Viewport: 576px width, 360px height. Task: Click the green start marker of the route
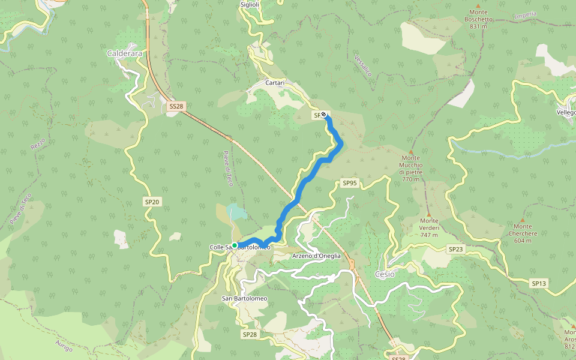pos(235,245)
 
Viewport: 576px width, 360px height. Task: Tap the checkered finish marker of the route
pos(324,114)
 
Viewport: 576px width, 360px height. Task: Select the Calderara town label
pos(124,53)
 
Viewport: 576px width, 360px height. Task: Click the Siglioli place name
pos(250,4)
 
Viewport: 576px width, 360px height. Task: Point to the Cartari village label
pos(275,83)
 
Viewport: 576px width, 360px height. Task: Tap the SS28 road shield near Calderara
pos(176,106)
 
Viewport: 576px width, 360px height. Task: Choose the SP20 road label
pos(152,202)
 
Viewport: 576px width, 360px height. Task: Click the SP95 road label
pos(349,182)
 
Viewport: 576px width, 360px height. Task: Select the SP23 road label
pos(455,248)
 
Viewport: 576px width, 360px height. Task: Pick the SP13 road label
pos(538,283)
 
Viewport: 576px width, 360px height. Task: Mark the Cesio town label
pos(385,274)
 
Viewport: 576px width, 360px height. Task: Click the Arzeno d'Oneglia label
pos(316,256)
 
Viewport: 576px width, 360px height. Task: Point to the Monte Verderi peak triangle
pos(428,213)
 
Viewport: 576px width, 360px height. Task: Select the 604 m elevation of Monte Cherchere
pos(522,241)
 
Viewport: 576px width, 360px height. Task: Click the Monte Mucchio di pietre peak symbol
pos(411,151)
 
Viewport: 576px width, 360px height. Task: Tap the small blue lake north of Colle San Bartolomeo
pos(236,211)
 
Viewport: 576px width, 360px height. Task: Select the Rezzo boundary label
pos(37,144)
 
